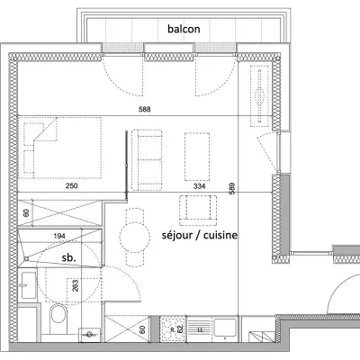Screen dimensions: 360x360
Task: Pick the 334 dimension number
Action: [199, 186]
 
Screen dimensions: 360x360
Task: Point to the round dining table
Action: [134, 238]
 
